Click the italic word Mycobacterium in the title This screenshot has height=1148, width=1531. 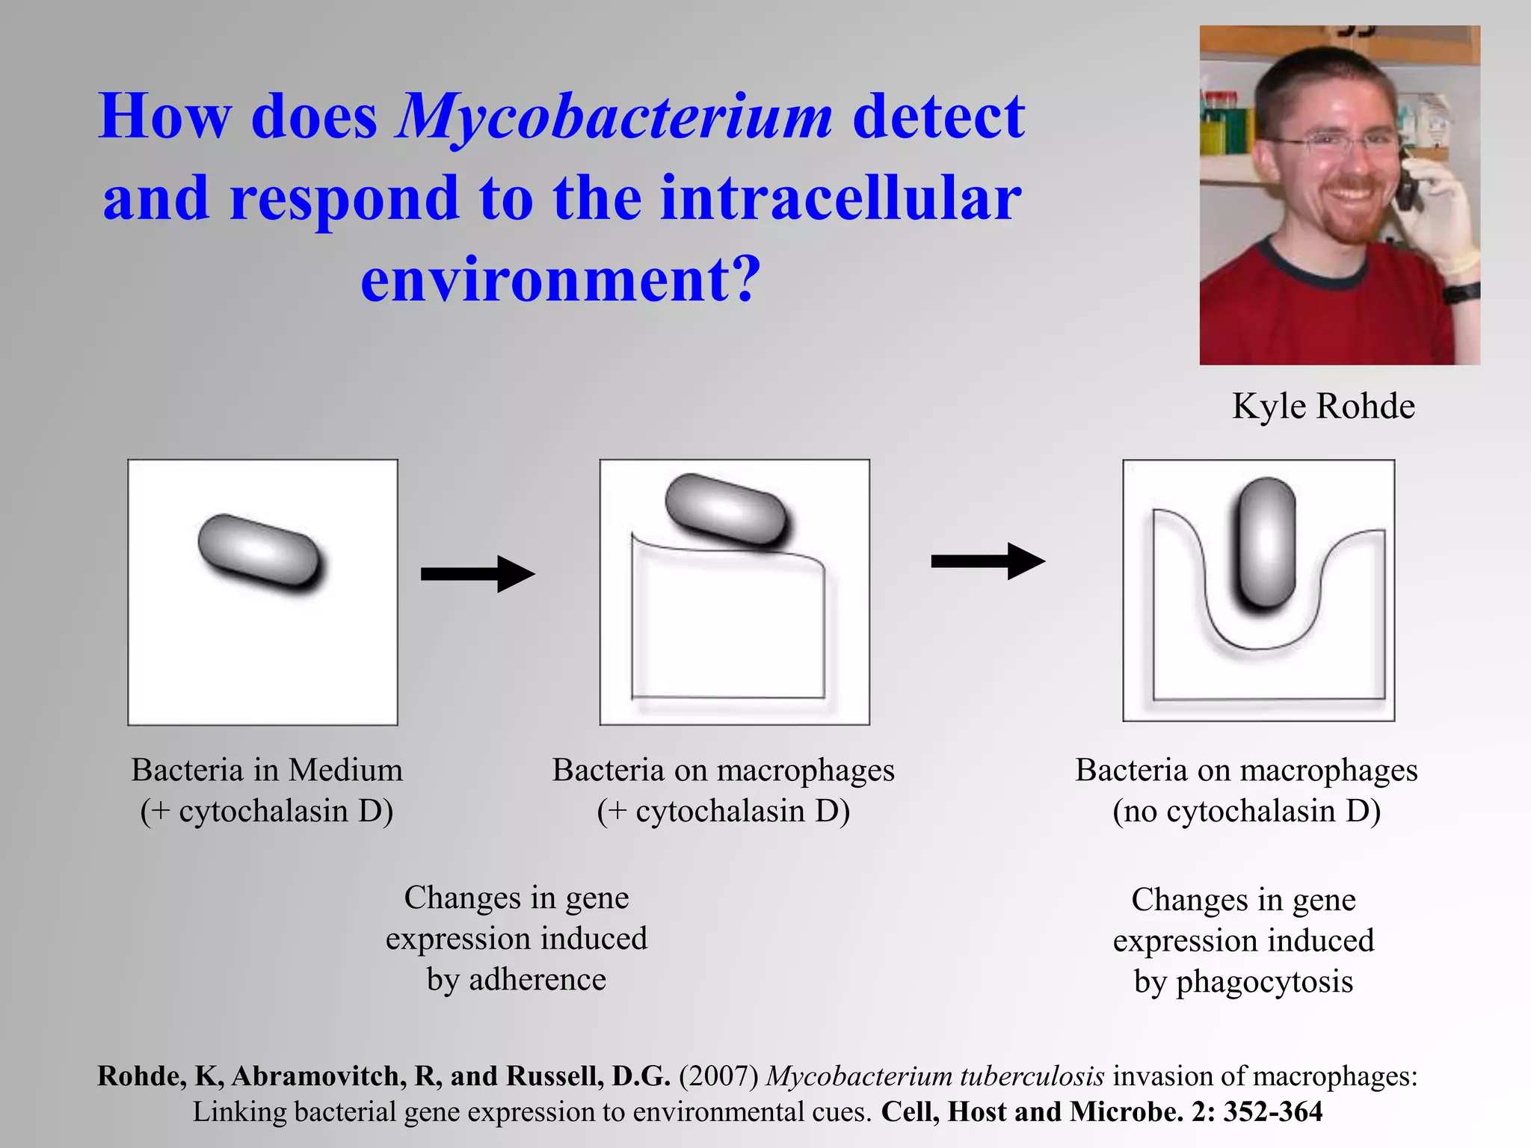coord(614,118)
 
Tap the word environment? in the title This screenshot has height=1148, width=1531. coord(560,280)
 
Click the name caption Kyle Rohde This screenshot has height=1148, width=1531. coord(1323,407)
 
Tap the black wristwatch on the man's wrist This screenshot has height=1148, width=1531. coord(1461,292)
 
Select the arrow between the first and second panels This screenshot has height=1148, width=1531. coord(478,574)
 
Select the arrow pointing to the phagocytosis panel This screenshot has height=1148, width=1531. coord(988,561)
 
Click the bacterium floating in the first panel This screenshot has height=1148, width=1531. coord(259,553)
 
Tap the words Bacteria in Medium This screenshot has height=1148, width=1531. coord(267,771)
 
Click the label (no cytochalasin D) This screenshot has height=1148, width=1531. coord(1246,812)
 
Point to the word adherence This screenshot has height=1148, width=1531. coord(537,980)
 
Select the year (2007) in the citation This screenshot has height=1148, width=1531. coord(718,1076)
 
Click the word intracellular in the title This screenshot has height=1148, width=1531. coord(840,199)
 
